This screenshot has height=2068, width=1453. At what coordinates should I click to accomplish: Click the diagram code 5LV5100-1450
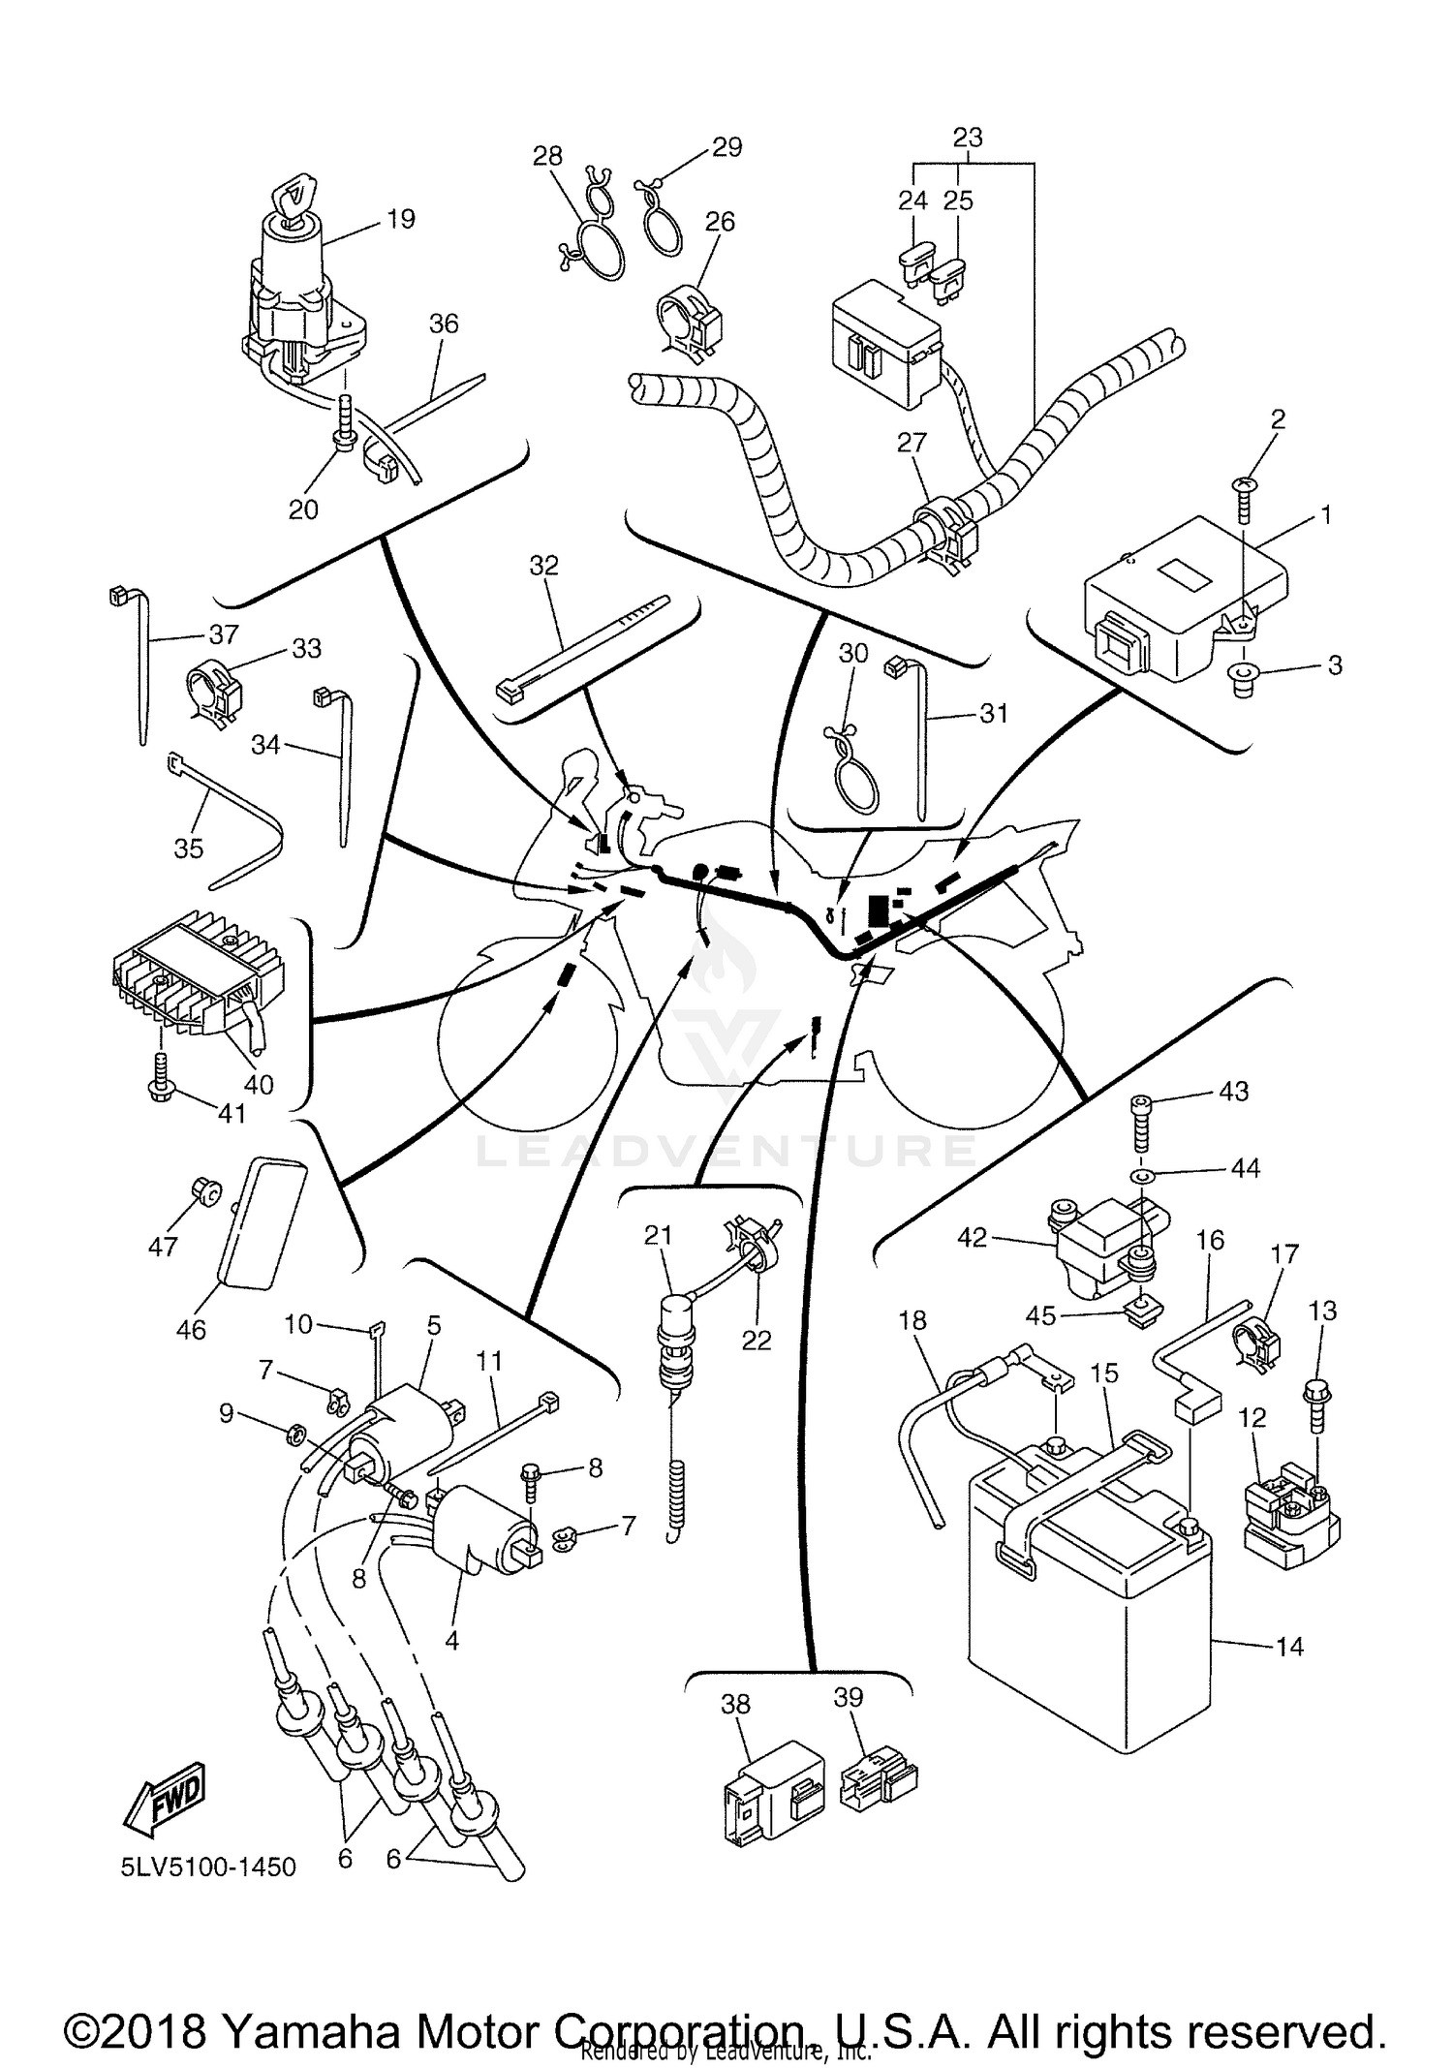click(208, 1867)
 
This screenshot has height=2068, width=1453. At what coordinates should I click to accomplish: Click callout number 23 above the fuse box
click(968, 138)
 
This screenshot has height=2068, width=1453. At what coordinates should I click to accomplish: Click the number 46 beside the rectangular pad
click(191, 1329)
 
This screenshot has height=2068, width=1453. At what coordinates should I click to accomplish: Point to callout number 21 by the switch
click(659, 1235)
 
